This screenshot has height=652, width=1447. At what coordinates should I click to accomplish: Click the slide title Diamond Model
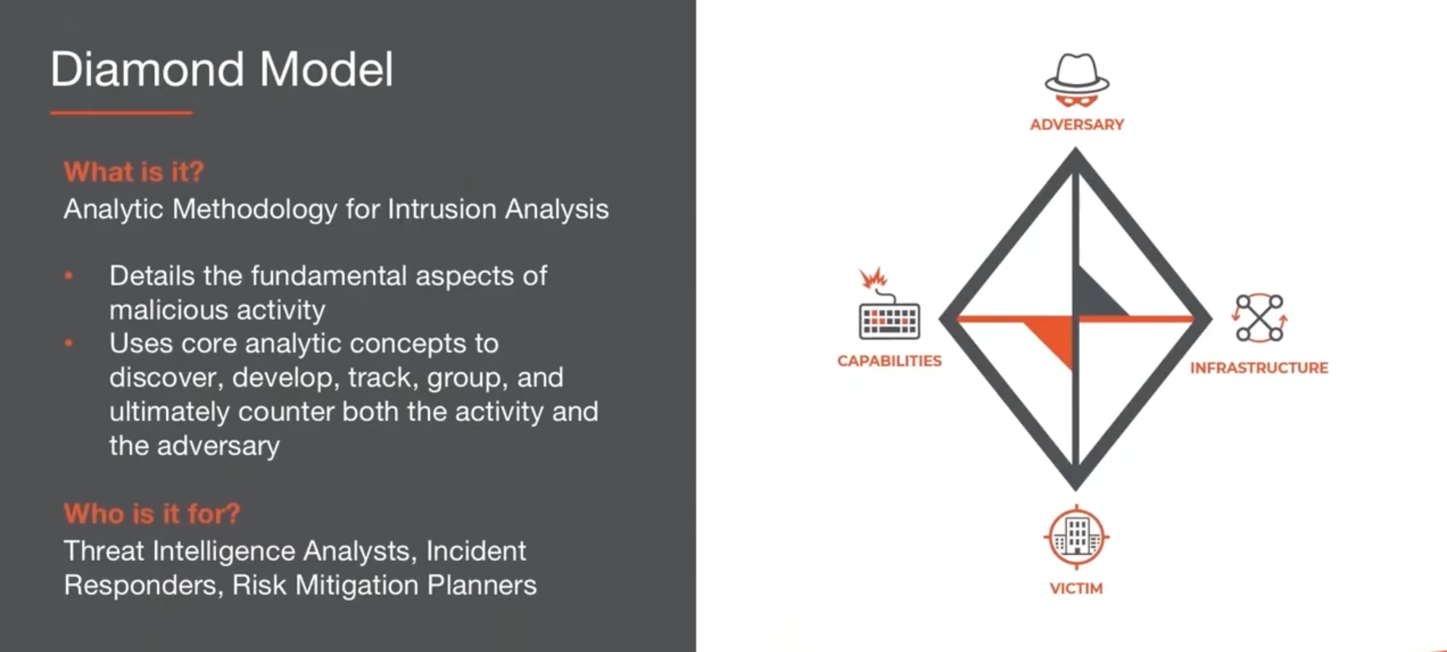click(x=221, y=70)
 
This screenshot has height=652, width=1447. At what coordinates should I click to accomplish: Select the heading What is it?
click(x=133, y=172)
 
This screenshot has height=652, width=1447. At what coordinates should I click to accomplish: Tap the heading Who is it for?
click(x=152, y=514)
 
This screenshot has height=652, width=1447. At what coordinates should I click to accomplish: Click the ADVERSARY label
click(x=1076, y=125)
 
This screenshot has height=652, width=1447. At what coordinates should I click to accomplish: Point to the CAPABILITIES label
click(x=889, y=362)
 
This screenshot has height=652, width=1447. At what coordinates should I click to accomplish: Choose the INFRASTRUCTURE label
click(x=1259, y=368)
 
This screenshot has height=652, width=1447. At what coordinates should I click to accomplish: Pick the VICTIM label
click(x=1076, y=588)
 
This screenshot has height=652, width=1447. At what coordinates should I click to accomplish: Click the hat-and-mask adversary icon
click(x=1076, y=80)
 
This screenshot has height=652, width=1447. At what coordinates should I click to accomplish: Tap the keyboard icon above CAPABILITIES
click(x=889, y=318)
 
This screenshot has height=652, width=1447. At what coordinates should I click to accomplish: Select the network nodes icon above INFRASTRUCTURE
click(x=1259, y=318)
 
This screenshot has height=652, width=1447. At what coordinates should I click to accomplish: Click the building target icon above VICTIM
click(x=1076, y=537)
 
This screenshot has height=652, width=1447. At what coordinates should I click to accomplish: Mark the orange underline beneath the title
click(x=121, y=113)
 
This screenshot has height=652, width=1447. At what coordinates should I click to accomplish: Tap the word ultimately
click(x=169, y=412)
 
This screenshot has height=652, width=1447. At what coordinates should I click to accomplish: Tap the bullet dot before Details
click(x=69, y=276)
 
